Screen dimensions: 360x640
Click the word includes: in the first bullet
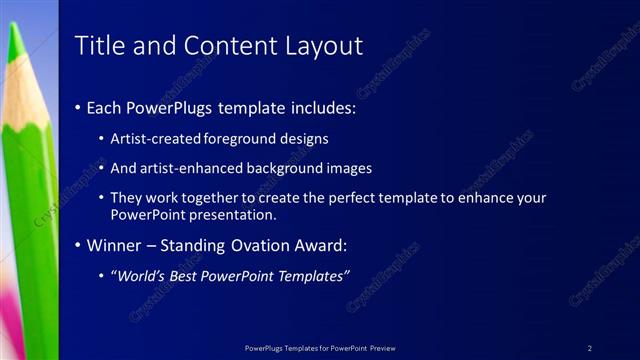point(320,107)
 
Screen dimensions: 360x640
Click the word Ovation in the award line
point(264,244)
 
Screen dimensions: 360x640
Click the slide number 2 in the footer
point(589,348)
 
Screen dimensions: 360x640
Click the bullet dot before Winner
point(78,245)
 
